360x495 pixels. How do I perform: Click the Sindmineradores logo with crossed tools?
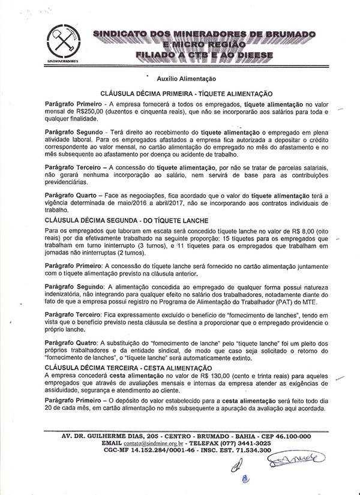pos(62,43)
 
